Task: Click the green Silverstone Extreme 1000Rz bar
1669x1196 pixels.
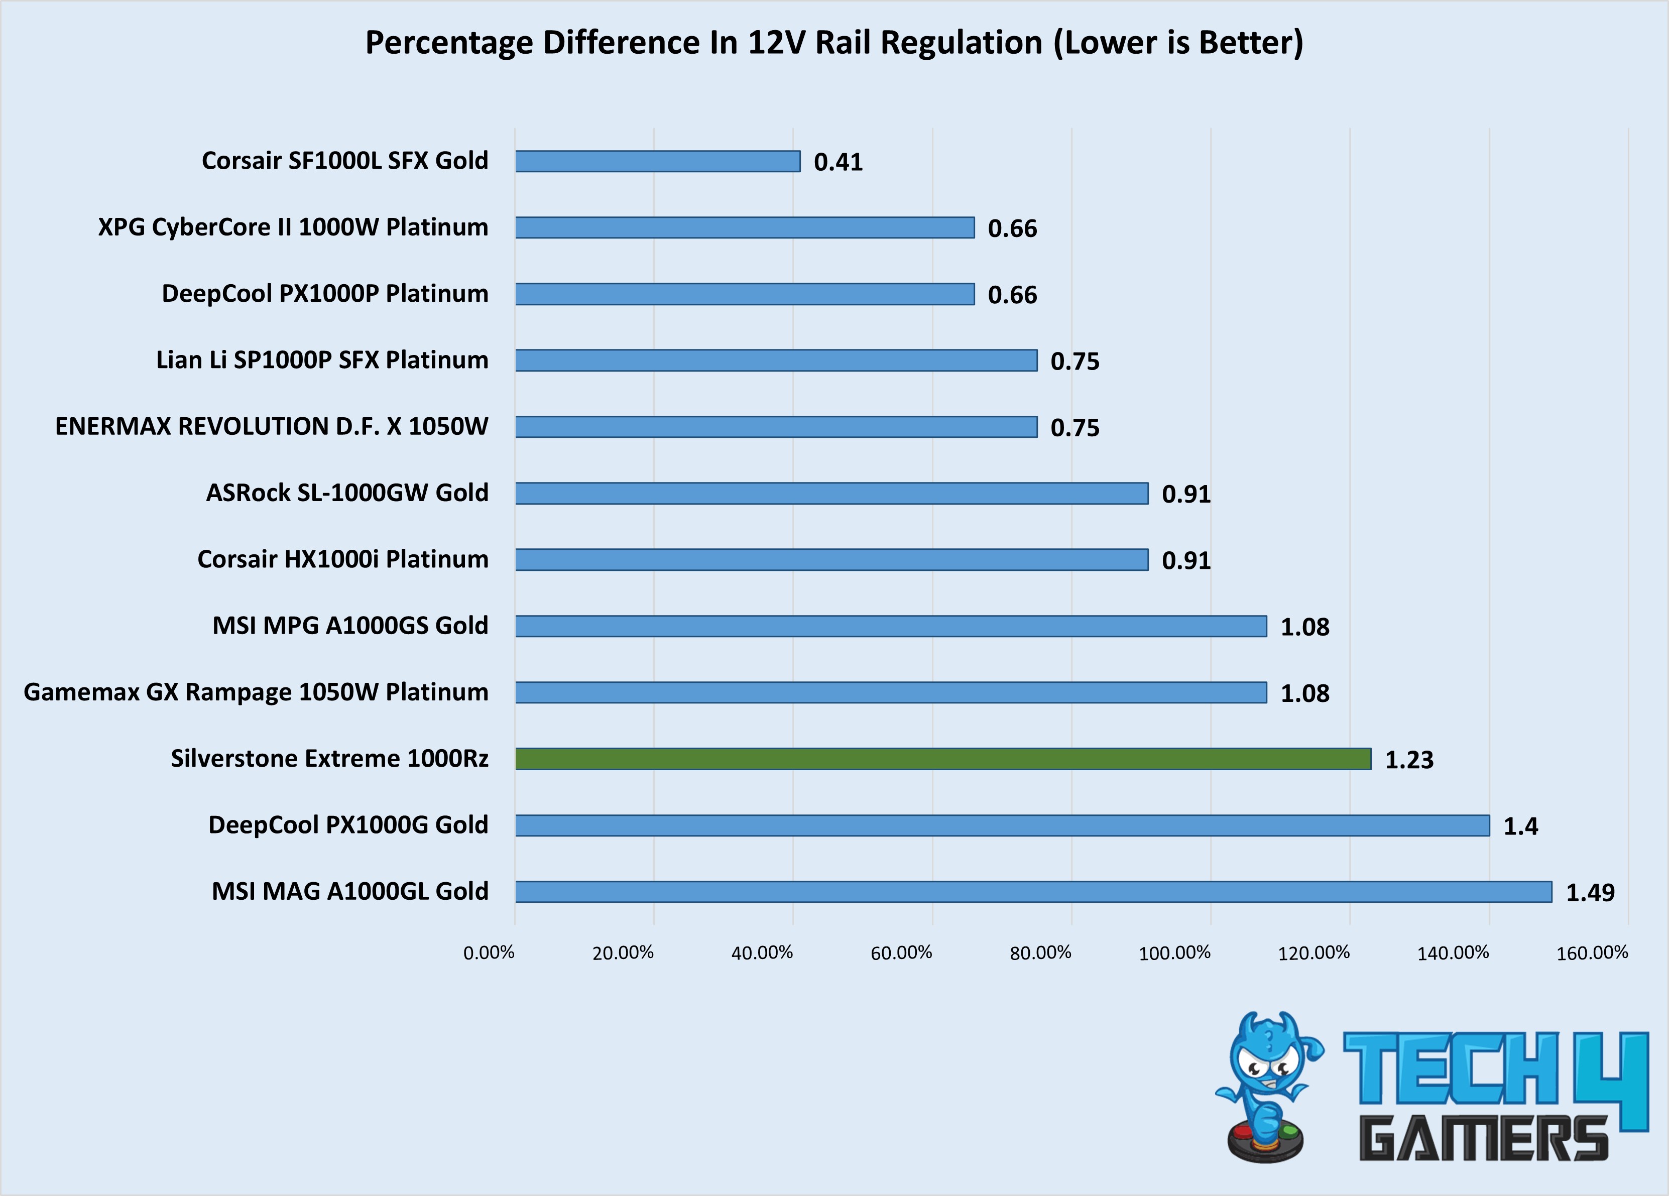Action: click(942, 759)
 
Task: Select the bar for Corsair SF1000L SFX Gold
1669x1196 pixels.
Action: click(657, 161)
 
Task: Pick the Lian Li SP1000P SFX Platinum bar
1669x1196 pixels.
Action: click(776, 361)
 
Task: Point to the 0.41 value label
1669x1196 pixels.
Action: click(838, 162)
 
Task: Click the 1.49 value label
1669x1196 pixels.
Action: click(1590, 893)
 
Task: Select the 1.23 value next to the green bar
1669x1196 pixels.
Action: click(1409, 760)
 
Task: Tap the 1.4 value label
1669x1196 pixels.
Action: click(1520, 826)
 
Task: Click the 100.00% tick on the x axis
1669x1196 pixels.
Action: click(1174, 953)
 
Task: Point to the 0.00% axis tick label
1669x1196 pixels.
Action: click(489, 953)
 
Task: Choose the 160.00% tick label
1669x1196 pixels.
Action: click(1592, 953)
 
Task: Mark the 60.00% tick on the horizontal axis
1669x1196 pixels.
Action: click(901, 953)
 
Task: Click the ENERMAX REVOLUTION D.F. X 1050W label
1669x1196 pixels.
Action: click(272, 427)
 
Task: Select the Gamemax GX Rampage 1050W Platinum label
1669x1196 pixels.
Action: click(256, 692)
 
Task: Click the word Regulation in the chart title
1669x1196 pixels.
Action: click(962, 43)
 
